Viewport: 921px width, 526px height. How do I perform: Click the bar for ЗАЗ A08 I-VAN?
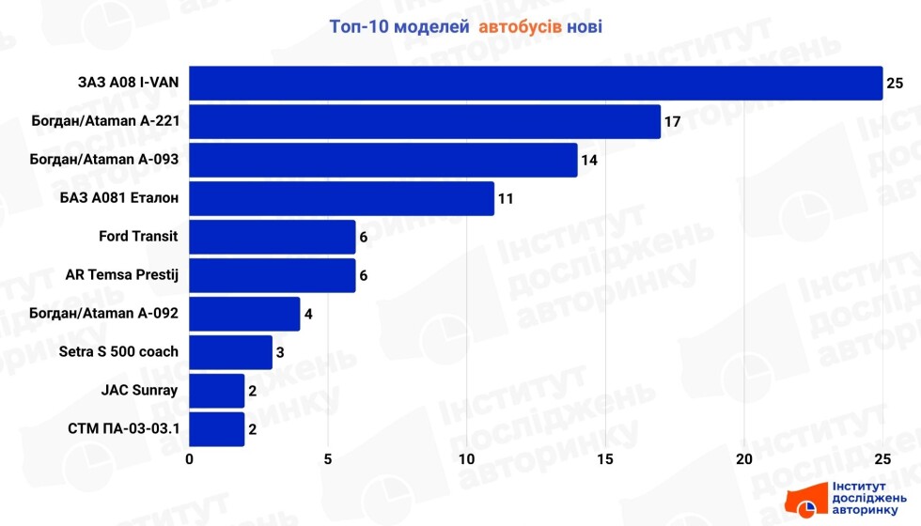[536, 83]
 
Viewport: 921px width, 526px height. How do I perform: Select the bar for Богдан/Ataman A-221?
[425, 121]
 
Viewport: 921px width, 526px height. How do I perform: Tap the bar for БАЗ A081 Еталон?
[342, 198]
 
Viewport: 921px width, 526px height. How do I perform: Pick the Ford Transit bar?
[273, 237]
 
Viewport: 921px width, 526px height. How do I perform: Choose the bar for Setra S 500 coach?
[231, 352]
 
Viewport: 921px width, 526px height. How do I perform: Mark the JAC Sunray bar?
[217, 391]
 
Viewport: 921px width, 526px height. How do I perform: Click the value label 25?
[895, 84]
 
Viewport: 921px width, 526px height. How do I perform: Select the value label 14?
[588, 161]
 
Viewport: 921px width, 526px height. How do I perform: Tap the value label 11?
[505, 199]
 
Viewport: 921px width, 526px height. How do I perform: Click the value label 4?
[309, 315]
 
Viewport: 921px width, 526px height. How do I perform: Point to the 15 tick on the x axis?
[605, 459]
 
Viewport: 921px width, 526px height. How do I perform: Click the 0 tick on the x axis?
[190, 459]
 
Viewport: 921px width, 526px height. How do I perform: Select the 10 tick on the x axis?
[467, 459]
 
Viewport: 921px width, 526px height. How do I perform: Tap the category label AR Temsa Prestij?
[122, 275]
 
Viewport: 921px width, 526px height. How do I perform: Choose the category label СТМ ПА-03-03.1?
[124, 429]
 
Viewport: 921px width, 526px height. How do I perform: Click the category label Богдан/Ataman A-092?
[104, 314]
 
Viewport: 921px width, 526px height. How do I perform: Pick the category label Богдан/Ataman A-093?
[104, 160]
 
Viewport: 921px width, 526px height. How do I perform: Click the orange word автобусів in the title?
[521, 26]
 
